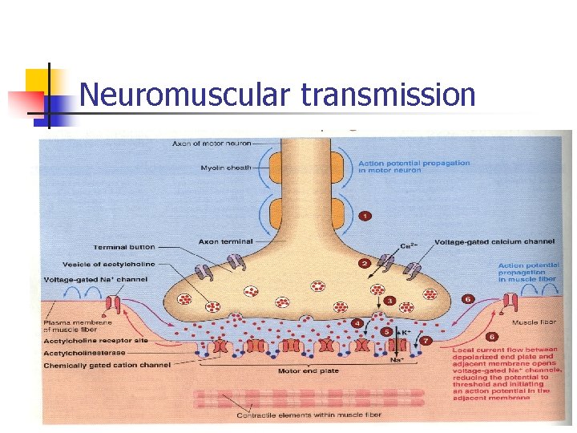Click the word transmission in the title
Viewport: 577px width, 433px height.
(x=389, y=95)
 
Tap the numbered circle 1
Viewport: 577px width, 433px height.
(x=365, y=216)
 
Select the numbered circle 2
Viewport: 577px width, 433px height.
(x=364, y=263)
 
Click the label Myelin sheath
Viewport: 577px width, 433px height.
(x=226, y=168)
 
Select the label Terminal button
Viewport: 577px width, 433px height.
(x=123, y=247)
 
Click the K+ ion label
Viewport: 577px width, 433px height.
(x=406, y=331)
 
